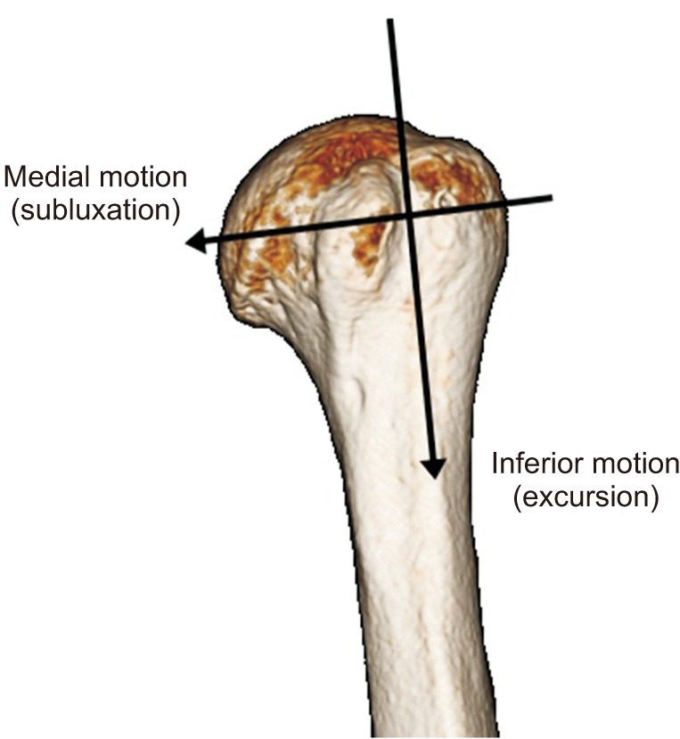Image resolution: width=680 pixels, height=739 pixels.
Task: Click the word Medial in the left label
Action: click(x=45, y=177)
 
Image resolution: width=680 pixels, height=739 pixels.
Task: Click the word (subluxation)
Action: click(x=94, y=211)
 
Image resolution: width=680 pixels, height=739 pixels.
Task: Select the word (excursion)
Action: click(x=586, y=497)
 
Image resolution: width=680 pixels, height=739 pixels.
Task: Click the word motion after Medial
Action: click(x=143, y=177)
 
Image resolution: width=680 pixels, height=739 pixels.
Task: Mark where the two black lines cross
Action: click(x=407, y=214)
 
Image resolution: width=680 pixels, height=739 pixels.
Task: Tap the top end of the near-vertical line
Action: click(x=389, y=20)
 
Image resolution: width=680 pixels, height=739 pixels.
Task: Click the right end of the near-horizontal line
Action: click(x=552, y=197)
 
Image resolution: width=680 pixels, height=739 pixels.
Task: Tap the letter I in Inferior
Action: click(x=496, y=464)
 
